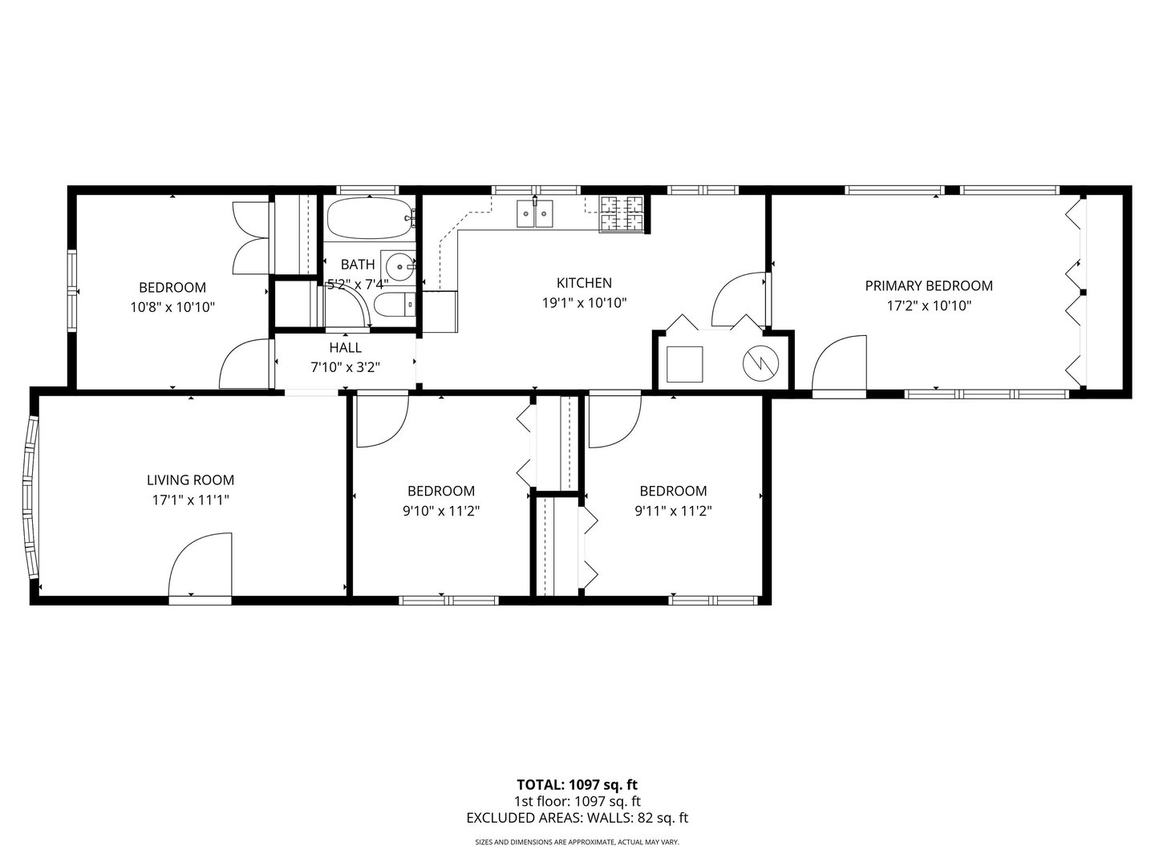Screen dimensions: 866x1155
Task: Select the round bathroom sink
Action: click(399, 265)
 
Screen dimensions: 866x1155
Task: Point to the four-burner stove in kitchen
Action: click(622, 215)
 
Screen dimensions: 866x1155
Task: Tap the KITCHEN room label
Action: click(584, 283)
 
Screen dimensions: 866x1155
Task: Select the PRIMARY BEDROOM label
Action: click(928, 286)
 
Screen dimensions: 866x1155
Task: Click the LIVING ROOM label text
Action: click(190, 480)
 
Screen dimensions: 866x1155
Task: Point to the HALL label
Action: click(345, 348)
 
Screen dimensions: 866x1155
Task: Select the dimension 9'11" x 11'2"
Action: click(673, 511)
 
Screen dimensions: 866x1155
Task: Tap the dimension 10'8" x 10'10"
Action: click(172, 306)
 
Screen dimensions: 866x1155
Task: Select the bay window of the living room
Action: click(30, 497)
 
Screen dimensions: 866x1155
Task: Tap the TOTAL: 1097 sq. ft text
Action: click(577, 784)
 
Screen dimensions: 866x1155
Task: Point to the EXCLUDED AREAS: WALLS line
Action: click(577, 818)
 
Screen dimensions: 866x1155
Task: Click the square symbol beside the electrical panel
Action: click(686, 364)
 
